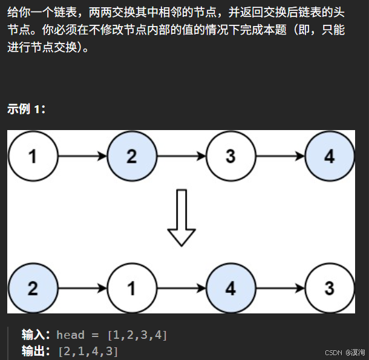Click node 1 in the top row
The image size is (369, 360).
point(33,157)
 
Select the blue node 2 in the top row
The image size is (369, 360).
point(131,157)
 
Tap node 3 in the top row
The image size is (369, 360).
point(230,157)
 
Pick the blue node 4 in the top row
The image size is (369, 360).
point(329,157)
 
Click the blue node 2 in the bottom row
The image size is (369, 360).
point(33,288)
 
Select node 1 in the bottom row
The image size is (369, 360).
point(131,288)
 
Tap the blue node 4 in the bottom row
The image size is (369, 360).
point(230,288)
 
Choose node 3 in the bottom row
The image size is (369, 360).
point(329,288)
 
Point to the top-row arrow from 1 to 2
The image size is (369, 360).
point(82,157)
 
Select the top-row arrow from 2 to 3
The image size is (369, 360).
point(181,157)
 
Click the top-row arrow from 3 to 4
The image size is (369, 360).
point(279,157)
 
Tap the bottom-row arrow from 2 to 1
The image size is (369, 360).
point(82,288)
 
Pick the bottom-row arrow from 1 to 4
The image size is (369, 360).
point(181,288)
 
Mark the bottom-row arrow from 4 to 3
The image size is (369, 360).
point(279,288)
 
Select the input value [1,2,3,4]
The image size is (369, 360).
point(137,335)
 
